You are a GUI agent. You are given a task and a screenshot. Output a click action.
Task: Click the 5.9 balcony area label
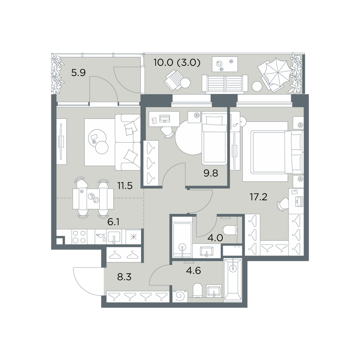(x=78, y=73)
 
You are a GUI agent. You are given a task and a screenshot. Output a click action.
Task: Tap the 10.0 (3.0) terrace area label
(x=177, y=62)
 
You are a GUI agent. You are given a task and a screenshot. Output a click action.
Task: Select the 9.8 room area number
(x=211, y=173)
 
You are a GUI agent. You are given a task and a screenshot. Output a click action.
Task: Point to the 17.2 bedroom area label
(x=258, y=197)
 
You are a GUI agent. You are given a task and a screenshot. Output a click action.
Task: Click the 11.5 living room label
(x=125, y=185)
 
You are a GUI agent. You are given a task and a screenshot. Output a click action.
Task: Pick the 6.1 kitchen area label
(x=113, y=222)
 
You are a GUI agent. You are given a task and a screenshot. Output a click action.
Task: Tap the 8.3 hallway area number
(x=124, y=277)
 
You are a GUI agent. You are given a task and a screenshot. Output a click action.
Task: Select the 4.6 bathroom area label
(x=194, y=270)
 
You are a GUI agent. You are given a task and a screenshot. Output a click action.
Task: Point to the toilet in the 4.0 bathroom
(x=230, y=230)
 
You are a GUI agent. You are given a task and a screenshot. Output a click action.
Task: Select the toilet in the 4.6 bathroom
(x=198, y=290)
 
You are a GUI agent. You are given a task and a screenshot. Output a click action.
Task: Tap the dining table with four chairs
(x=93, y=199)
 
